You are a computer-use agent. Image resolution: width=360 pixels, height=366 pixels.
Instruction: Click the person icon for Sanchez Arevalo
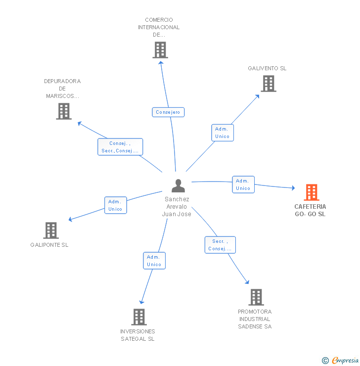pyautogui.click(x=178, y=185)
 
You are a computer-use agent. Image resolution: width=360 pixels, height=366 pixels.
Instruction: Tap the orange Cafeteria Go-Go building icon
pyautogui.click(x=311, y=192)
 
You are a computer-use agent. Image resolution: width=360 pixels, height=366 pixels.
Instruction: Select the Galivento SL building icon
pyautogui.click(x=268, y=84)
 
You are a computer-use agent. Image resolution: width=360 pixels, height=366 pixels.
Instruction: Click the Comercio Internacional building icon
pyautogui.click(x=160, y=50)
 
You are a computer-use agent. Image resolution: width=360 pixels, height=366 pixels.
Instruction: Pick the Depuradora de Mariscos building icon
pyautogui.click(x=64, y=111)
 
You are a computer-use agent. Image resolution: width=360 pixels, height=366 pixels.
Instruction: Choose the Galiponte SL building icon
pyautogui.click(x=51, y=230)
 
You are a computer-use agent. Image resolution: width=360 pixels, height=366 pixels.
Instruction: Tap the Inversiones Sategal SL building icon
pyautogui.click(x=139, y=317)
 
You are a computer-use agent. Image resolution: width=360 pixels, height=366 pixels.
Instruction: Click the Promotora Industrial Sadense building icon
pyautogui.click(x=256, y=297)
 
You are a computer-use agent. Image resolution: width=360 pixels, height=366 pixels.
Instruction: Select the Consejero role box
pyautogui.click(x=168, y=112)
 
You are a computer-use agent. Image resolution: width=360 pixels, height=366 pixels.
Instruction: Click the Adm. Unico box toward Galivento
pyautogui.click(x=222, y=133)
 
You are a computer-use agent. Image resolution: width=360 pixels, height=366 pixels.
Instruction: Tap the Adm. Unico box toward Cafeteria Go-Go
pyautogui.click(x=243, y=184)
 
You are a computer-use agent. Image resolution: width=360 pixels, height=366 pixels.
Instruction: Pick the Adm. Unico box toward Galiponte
pyautogui.click(x=115, y=205)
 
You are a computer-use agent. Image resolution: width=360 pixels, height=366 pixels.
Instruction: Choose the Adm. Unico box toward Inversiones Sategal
pyautogui.click(x=154, y=261)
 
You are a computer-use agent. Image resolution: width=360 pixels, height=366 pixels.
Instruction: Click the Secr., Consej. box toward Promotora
pyautogui.click(x=220, y=245)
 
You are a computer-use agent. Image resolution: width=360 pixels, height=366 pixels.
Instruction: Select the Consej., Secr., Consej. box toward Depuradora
pyautogui.click(x=120, y=147)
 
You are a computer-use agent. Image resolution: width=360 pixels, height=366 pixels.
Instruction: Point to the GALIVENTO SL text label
pyautogui.click(x=267, y=68)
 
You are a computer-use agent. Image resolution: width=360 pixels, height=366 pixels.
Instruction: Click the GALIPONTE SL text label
pyautogui.click(x=49, y=245)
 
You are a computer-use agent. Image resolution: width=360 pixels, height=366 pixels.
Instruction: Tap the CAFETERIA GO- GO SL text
pyautogui.click(x=310, y=210)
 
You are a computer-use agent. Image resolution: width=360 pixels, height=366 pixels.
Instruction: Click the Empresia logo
pyautogui.click(x=345, y=361)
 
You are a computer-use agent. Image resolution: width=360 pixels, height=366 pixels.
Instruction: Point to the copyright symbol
pyautogui.click(x=325, y=361)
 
